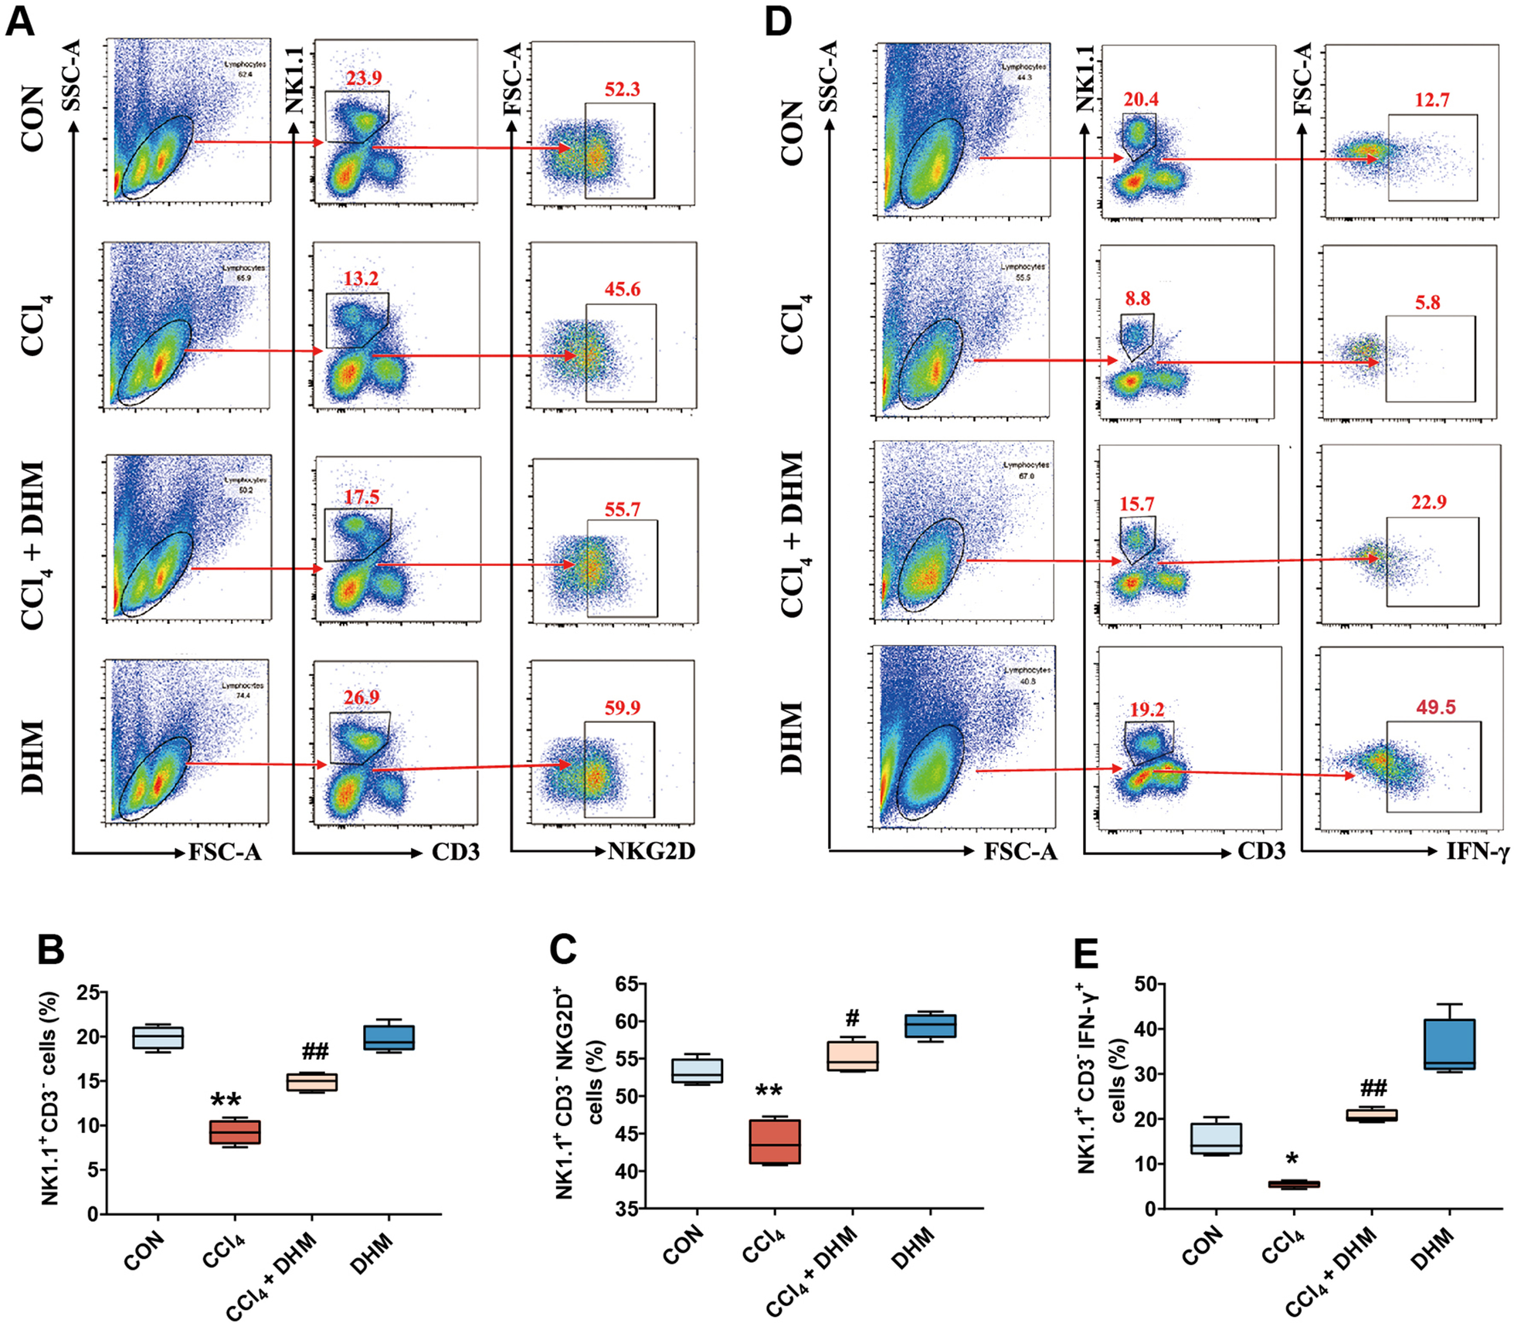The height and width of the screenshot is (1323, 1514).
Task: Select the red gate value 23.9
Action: pyautogui.click(x=363, y=78)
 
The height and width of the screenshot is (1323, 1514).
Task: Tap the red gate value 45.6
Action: pyautogui.click(x=622, y=290)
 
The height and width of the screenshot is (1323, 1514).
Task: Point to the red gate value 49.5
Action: pyautogui.click(x=1435, y=707)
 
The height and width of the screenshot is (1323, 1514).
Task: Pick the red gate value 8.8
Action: pyautogui.click(x=1137, y=298)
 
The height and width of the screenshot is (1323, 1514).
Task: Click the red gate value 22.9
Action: pyautogui.click(x=1428, y=502)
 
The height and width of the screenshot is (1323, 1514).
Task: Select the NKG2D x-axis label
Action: pyautogui.click(x=651, y=852)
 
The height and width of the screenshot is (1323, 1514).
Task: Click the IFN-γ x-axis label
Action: pyautogui.click(x=1477, y=852)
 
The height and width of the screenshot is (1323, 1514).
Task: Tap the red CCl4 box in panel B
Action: pyautogui.click(x=236, y=1132)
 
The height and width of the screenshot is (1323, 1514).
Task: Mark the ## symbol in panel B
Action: pyautogui.click(x=314, y=1051)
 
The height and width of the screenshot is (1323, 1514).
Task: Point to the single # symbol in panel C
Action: pyautogui.click(x=852, y=1017)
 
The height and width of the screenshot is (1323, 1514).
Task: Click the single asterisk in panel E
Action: pyautogui.click(x=1292, y=1159)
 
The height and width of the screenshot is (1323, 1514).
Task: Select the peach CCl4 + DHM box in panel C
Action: pyautogui.click(x=852, y=1056)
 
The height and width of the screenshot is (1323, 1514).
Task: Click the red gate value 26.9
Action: pyautogui.click(x=362, y=697)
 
